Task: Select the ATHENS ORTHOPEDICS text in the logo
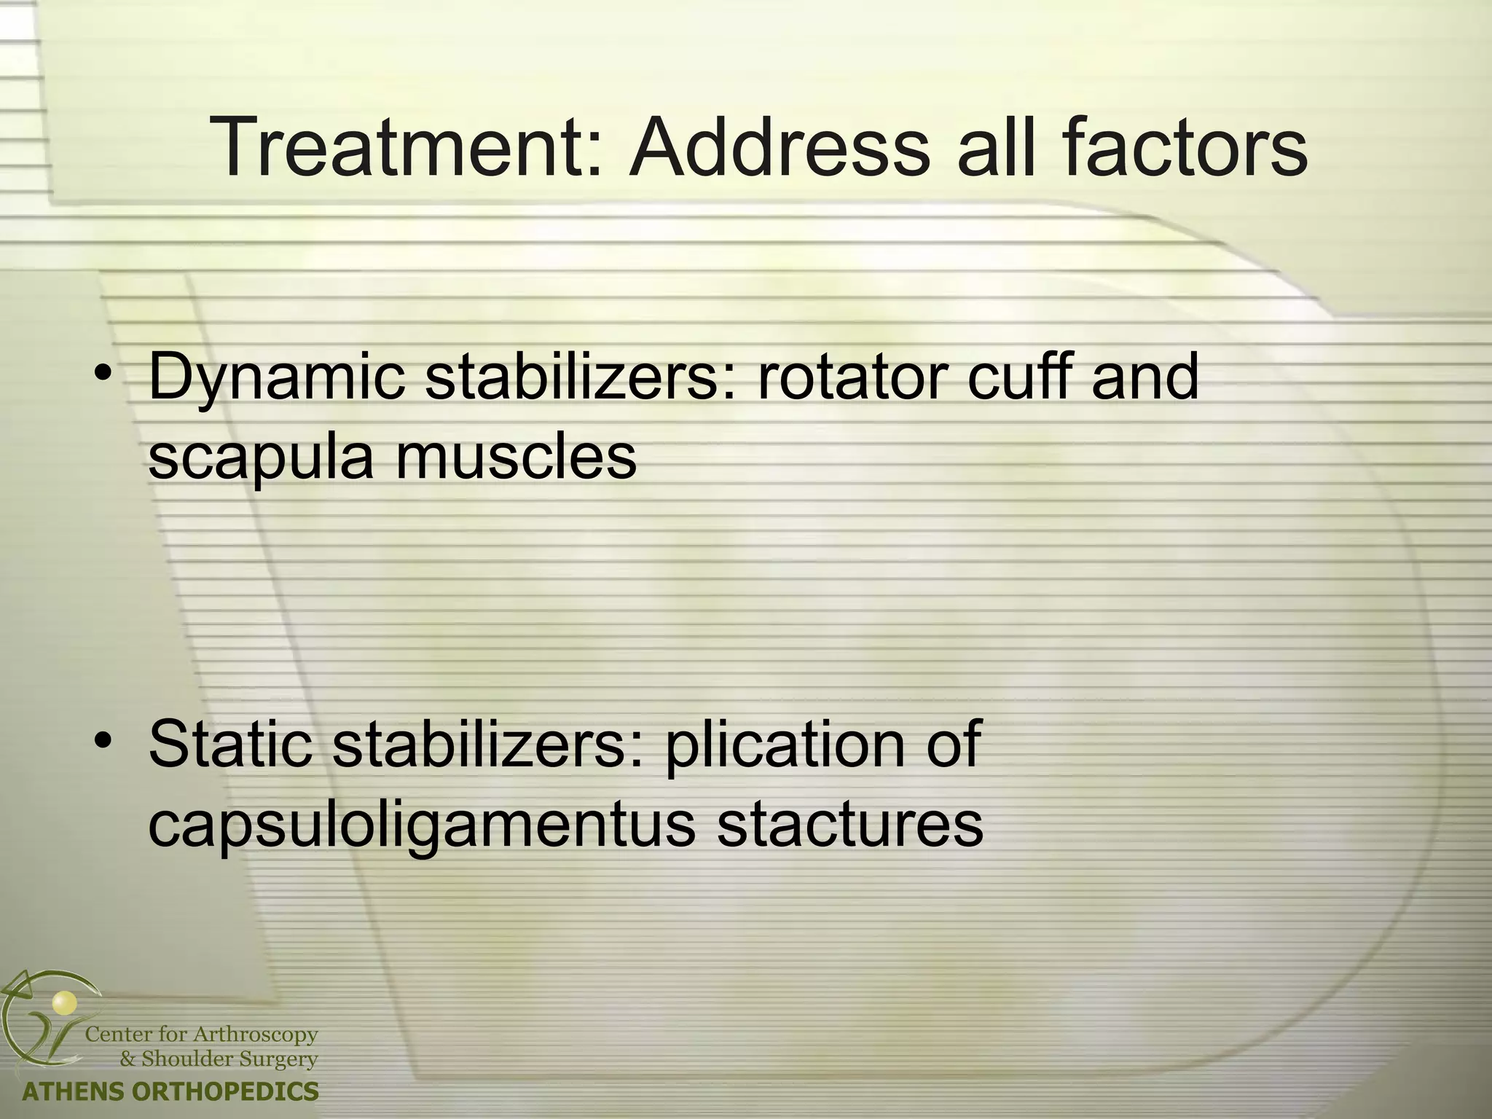pyautogui.click(x=170, y=1091)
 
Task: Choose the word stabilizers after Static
pyautogui.click(x=489, y=744)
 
